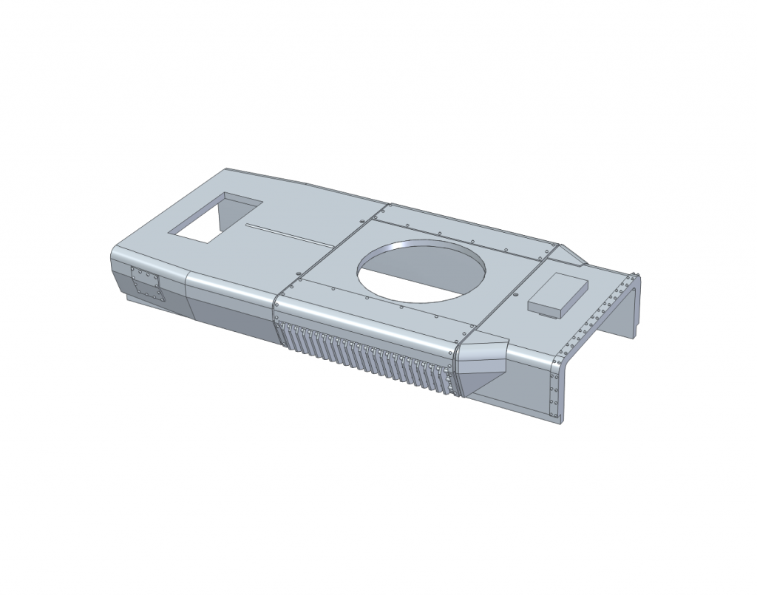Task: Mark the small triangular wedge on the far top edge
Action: [571, 255]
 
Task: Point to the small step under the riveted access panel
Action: [137, 299]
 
